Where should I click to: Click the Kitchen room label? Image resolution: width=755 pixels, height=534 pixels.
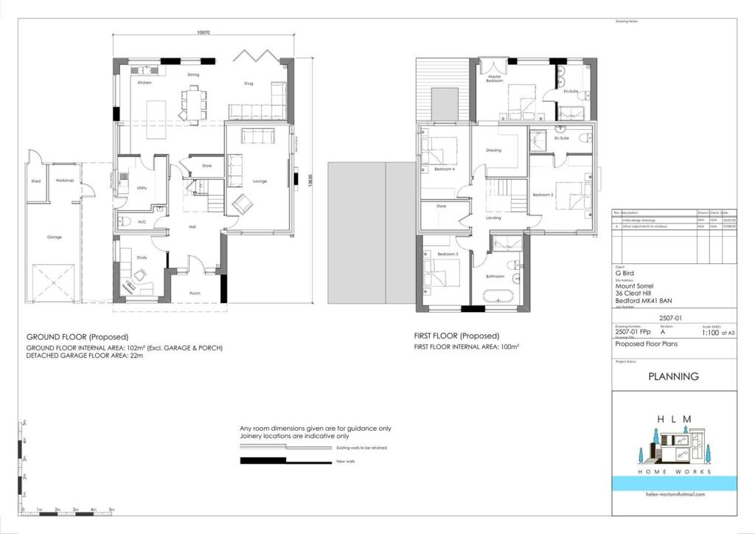point(145,83)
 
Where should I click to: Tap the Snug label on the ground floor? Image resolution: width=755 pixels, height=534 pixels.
point(248,83)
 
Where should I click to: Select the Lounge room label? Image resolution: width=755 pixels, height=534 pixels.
point(260,181)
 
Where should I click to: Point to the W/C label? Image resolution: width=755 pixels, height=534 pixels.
point(142,222)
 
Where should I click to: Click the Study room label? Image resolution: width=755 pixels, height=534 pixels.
point(142,257)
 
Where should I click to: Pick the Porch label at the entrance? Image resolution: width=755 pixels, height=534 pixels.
point(195,292)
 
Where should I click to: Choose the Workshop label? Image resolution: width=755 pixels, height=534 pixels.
point(64,181)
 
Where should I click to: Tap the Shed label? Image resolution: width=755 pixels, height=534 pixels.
point(35,181)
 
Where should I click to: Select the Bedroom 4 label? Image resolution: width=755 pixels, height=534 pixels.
point(445,170)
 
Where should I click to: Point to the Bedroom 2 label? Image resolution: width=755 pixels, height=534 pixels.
point(543,195)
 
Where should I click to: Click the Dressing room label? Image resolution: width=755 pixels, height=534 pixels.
point(493,150)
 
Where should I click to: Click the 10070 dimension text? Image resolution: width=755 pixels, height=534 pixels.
point(204,32)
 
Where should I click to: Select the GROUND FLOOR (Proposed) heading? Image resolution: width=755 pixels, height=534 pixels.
point(77,336)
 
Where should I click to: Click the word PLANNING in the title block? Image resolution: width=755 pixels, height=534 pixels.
point(673,376)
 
